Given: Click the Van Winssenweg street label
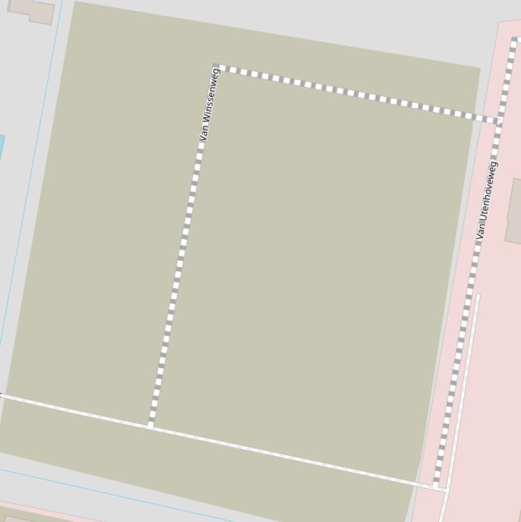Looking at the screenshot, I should [209, 104].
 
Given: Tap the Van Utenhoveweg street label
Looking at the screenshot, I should [486, 200].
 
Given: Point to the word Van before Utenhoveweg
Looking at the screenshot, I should [481, 231].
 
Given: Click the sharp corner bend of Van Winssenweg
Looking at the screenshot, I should [216, 67].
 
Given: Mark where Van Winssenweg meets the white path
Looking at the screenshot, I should [151, 426].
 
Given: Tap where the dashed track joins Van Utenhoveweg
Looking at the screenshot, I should [499, 121].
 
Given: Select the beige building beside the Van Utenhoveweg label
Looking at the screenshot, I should [514, 210].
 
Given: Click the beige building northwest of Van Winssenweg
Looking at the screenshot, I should [32, 9].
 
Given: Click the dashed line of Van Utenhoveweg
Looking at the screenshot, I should [467, 305].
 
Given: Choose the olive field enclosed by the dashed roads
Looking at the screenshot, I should [312, 271].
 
